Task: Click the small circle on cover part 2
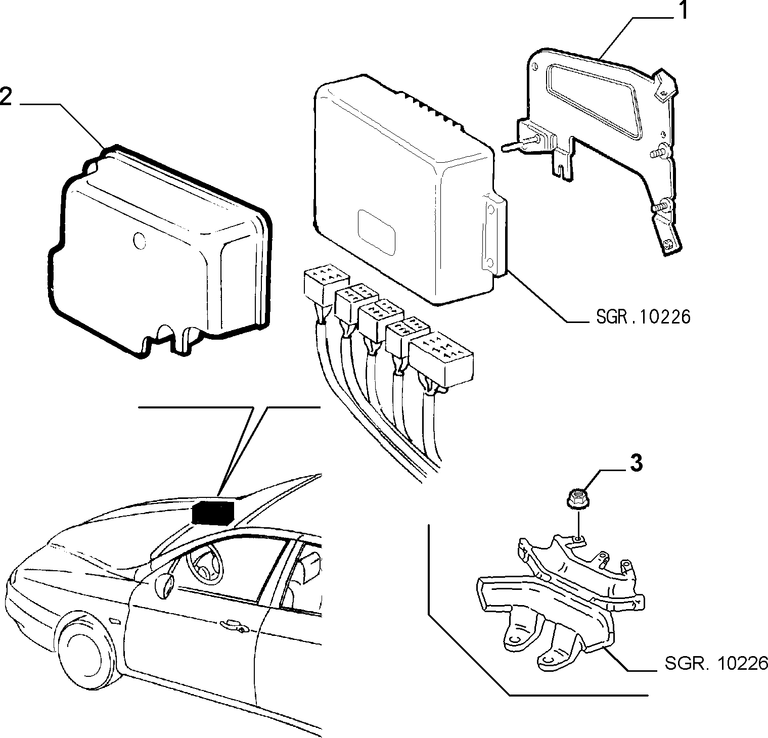coord(139,240)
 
